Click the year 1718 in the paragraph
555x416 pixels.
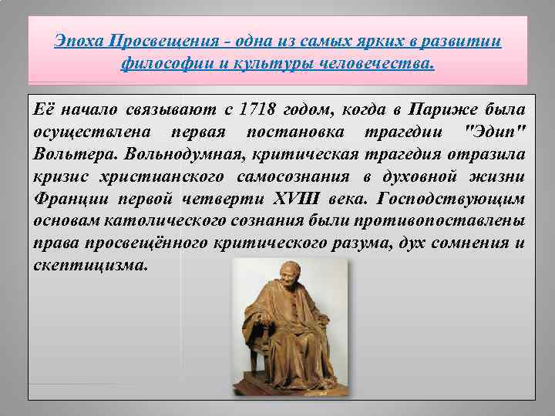(258, 106)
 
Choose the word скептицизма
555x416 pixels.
(89, 266)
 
